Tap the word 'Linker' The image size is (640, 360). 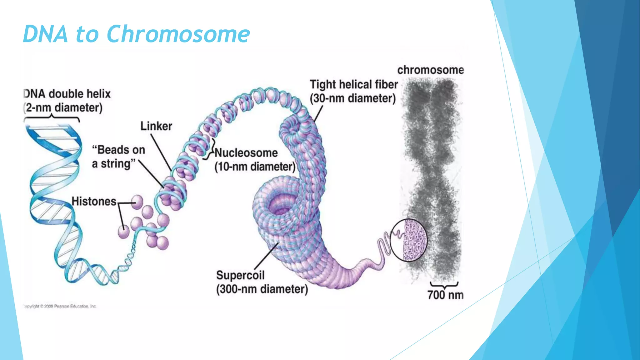tap(156, 126)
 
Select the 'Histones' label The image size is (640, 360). tap(94, 202)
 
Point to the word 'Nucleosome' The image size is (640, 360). tap(246, 153)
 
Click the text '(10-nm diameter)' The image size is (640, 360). tap(255, 167)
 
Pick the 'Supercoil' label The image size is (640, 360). tap(240, 275)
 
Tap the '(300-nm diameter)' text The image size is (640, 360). tap(262, 289)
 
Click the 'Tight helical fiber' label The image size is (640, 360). tap(354, 84)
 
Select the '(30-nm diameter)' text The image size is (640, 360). tap(353, 98)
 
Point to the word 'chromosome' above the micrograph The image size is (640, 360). tap(431, 70)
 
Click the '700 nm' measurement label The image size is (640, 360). tap(445, 295)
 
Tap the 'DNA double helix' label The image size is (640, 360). tap(67, 94)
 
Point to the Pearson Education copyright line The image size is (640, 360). tap(60, 307)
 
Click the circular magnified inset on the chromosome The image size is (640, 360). tap(409, 240)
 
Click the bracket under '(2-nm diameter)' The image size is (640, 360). tap(52, 118)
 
